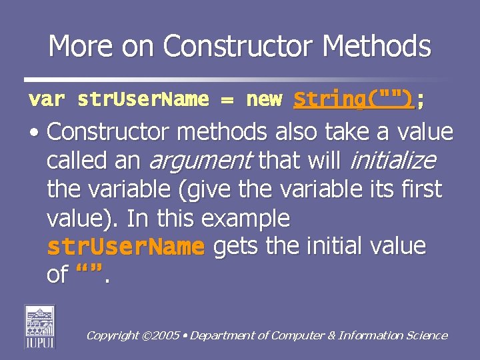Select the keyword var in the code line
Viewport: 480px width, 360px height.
[x=47, y=100]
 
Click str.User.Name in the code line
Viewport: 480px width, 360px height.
[x=143, y=100]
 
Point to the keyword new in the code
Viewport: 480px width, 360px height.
[x=265, y=100]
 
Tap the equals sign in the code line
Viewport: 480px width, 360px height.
[x=228, y=101]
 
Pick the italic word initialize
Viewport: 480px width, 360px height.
[x=393, y=161]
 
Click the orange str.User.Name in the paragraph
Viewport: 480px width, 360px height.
[x=125, y=247]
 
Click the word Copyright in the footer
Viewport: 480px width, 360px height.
[x=111, y=336]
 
